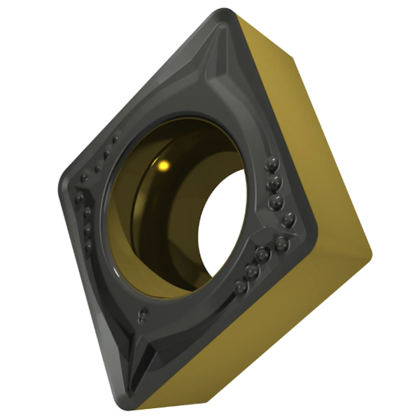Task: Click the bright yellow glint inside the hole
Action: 164,166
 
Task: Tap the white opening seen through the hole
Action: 222,224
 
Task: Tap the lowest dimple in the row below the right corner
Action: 242,286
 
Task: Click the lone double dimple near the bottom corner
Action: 143,314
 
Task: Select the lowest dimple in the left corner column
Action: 88,247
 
